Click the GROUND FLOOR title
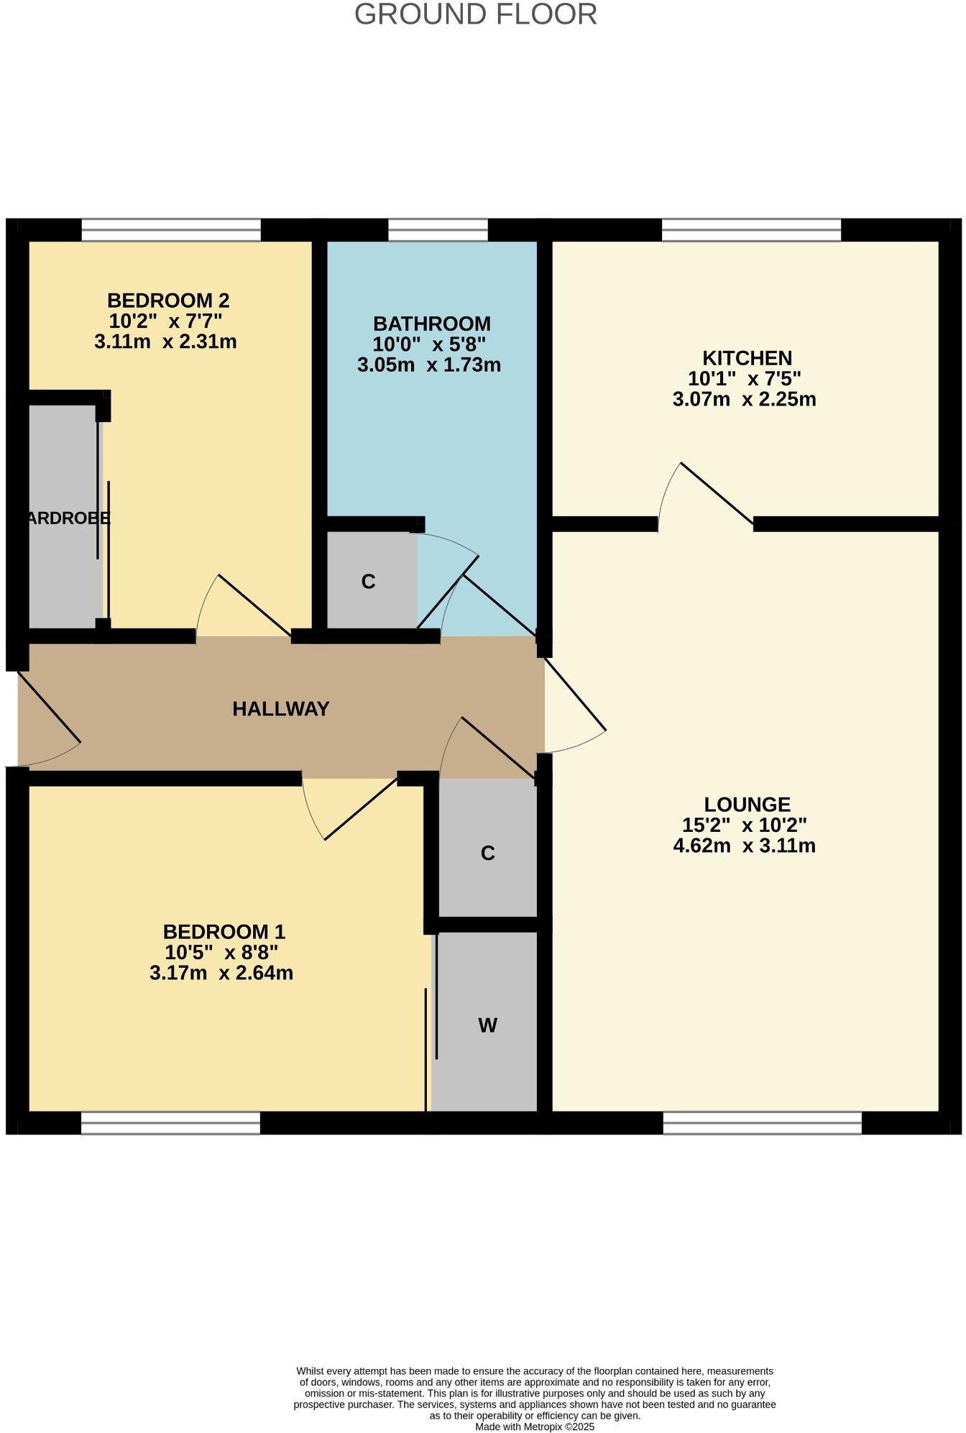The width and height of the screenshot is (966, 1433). tap(475, 14)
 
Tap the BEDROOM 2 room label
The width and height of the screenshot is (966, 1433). tap(168, 300)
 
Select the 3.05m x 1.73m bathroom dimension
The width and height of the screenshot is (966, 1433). tap(429, 365)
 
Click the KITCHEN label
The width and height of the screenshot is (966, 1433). tap(747, 357)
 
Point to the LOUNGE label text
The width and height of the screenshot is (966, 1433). tap(747, 804)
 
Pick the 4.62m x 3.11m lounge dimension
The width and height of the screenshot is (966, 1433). tap(744, 846)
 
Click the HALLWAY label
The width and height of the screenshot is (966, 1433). tap(280, 709)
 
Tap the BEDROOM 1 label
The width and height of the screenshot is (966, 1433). tap(224, 932)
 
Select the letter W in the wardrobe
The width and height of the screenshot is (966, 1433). tap(487, 1025)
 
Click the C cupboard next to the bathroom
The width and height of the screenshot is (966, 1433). tap(368, 582)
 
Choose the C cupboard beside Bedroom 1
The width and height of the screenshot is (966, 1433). tap(487, 853)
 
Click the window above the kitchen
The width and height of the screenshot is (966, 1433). tap(751, 230)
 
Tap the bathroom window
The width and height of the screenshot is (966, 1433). tap(438, 230)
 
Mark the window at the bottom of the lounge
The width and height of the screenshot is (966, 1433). tap(762, 1122)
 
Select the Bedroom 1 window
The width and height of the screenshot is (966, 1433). tap(170, 1122)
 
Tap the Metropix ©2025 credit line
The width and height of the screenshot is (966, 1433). tap(534, 1427)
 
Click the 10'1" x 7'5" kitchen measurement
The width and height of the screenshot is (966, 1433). tap(744, 378)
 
